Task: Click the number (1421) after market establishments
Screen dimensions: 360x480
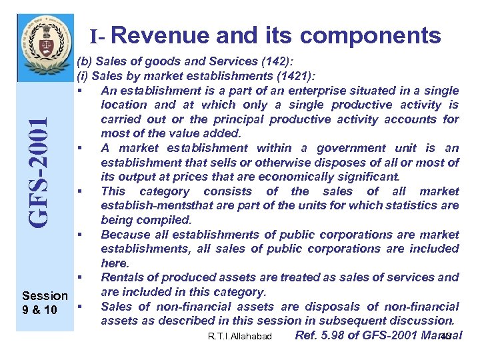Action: pos(294,77)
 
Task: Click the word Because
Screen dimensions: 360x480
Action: pos(125,234)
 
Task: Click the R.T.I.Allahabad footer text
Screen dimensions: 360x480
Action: pos(239,337)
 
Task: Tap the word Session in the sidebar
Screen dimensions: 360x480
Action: pos(45,295)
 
